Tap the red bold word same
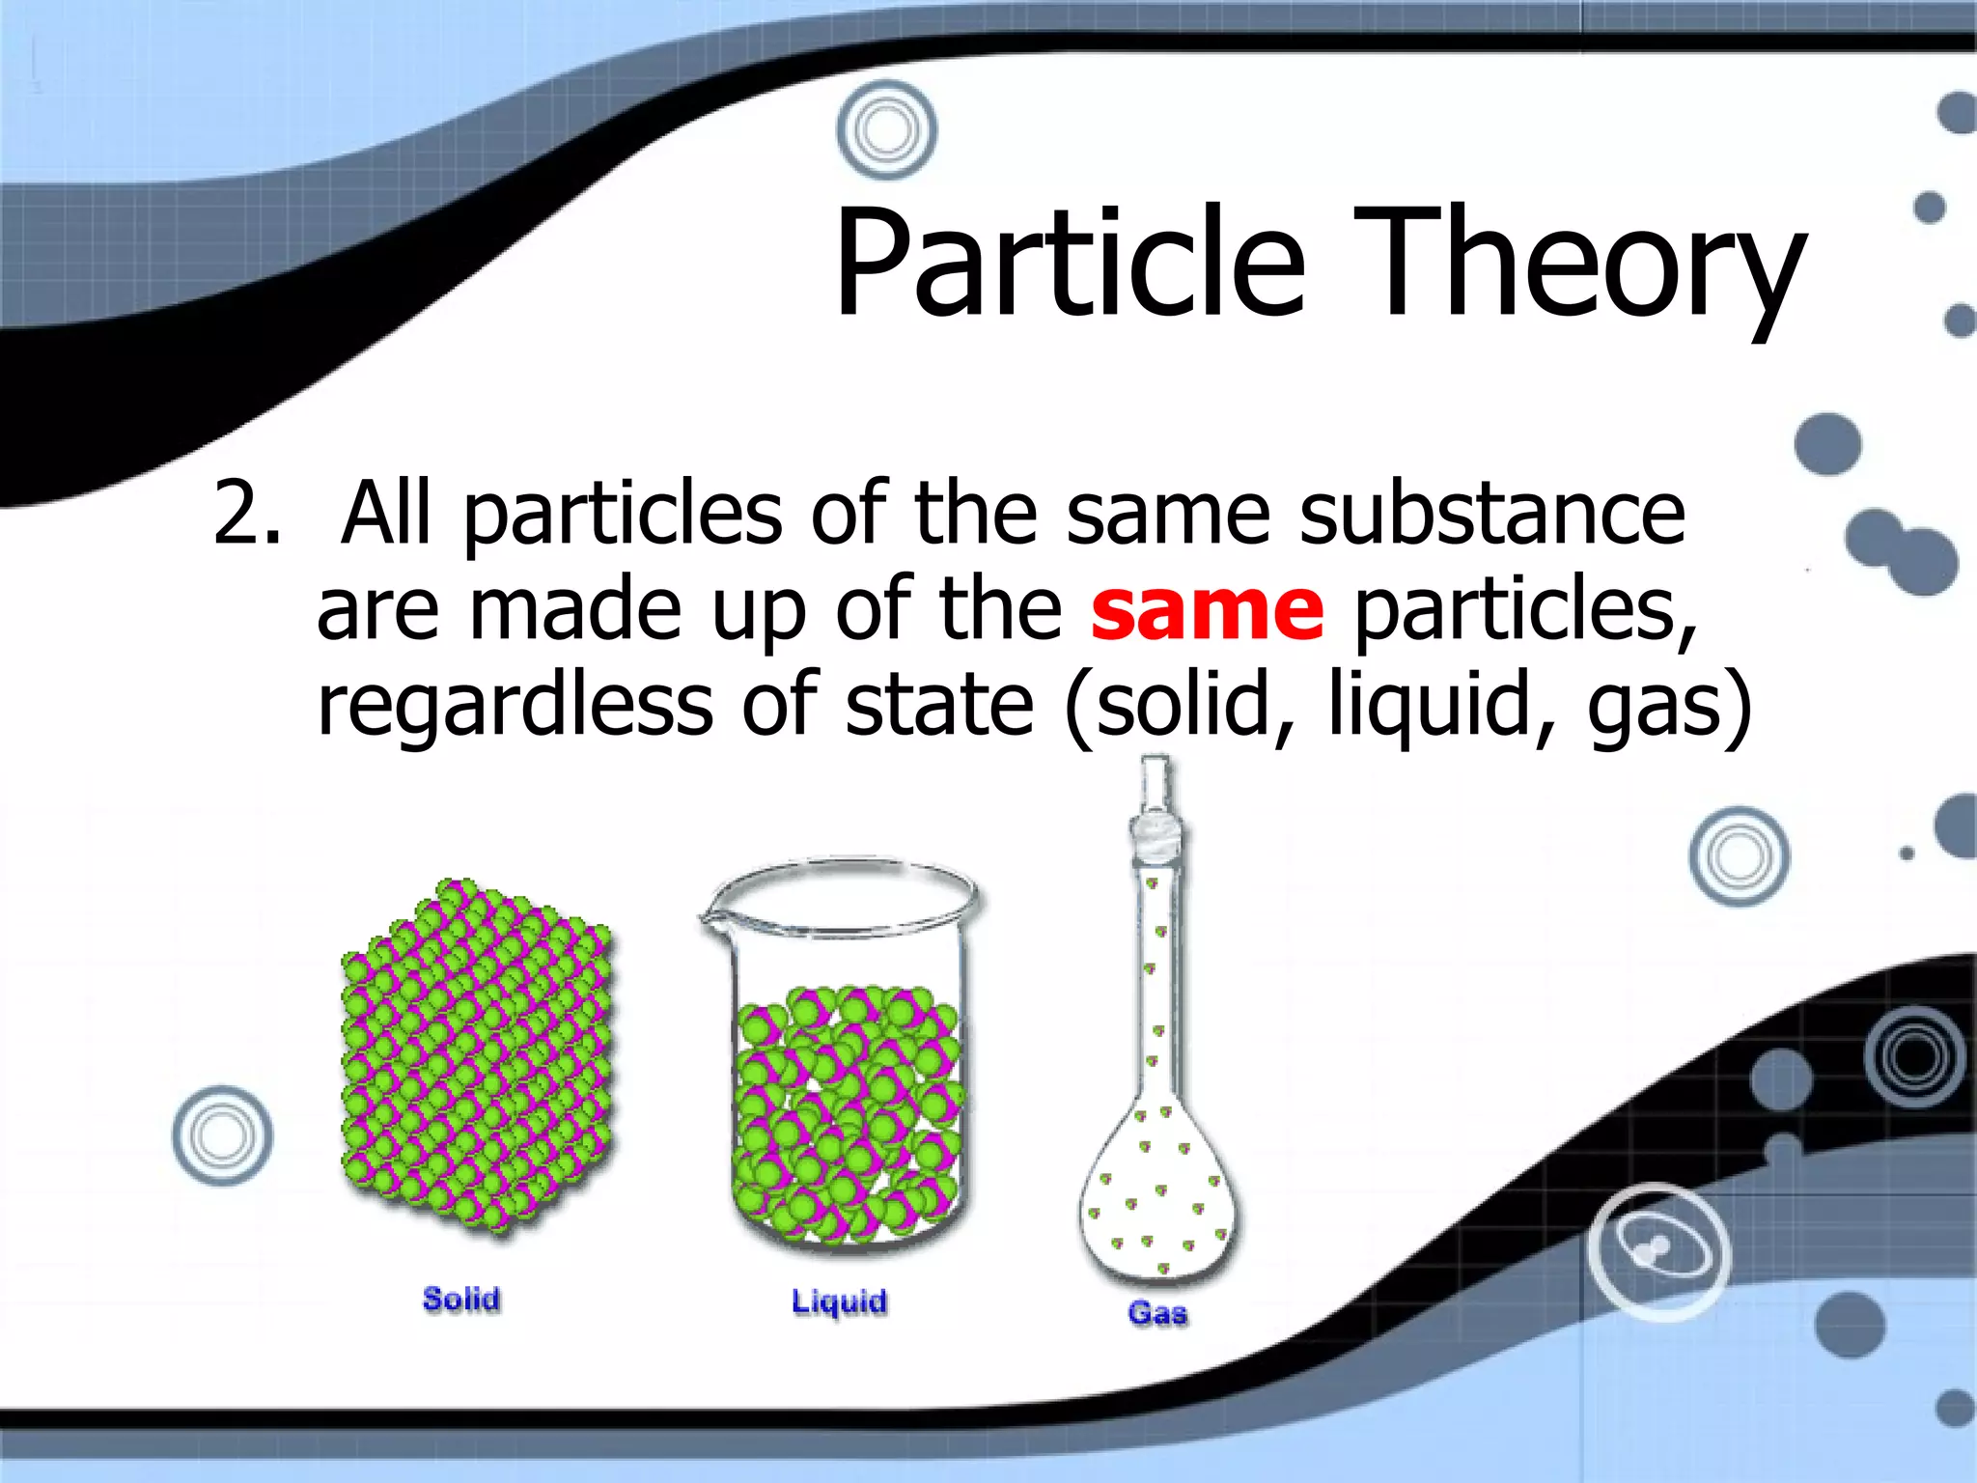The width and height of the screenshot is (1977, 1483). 1207,610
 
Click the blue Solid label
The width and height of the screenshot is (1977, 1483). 461,1299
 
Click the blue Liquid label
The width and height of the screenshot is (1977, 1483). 839,1301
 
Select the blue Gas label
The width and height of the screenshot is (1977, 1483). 1157,1313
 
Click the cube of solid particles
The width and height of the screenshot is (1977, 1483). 478,1057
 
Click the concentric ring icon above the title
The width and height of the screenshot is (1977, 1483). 886,129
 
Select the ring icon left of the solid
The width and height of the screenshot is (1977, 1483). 222,1135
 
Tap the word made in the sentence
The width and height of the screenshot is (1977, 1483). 575,610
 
